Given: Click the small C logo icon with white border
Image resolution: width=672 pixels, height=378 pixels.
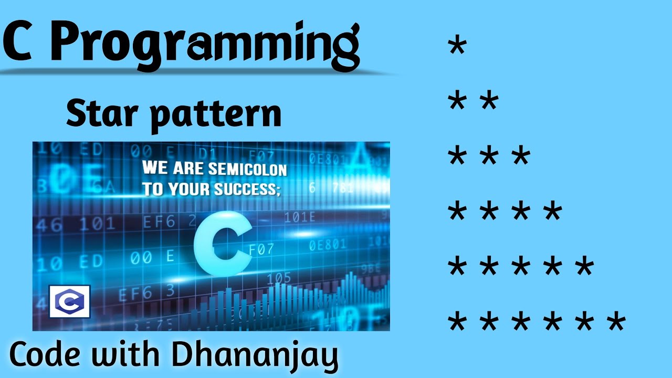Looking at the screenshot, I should tap(69, 302).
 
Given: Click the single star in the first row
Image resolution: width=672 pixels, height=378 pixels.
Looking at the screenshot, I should tap(457, 47).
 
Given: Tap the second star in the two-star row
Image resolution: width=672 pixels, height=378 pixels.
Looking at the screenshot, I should tap(489, 102).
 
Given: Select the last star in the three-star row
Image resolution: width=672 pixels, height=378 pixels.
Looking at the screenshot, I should tap(520, 157).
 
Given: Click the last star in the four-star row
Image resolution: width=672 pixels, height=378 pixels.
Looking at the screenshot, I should tap(552, 212).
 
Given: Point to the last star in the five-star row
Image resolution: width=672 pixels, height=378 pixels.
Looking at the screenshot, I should tap(583, 267).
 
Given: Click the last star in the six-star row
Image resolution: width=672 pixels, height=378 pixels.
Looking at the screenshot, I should tap(615, 322).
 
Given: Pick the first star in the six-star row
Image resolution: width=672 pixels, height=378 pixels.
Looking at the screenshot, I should tap(457, 322).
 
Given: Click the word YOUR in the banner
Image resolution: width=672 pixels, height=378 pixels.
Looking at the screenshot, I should tap(188, 190).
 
